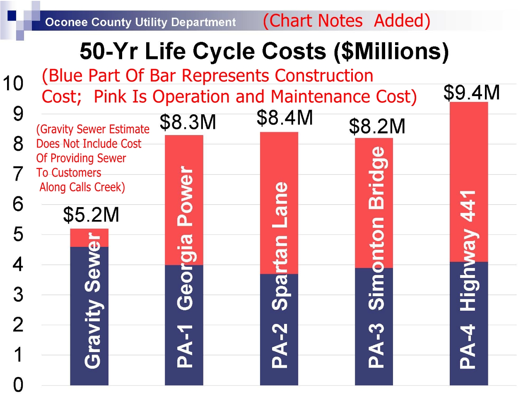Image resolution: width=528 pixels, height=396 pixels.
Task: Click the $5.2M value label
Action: click(x=91, y=215)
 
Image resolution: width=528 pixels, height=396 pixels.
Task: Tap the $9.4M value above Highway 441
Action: click(x=471, y=92)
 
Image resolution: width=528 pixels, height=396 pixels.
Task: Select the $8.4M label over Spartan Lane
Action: click(x=284, y=118)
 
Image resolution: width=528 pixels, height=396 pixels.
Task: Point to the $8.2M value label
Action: click(x=377, y=126)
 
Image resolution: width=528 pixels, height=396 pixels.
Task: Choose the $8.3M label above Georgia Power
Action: click(x=188, y=122)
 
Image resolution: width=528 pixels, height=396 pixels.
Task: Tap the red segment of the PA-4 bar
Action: click(x=469, y=166)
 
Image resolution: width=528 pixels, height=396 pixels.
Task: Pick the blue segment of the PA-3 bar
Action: click(x=374, y=331)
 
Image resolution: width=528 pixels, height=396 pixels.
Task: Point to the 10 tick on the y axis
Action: click(x=13, y=84)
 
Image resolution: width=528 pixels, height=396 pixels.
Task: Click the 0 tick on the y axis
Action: click(x=18, y=385)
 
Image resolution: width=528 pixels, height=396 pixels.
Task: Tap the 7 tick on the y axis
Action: click(x=18, y=174)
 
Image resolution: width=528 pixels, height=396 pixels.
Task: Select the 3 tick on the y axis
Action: click(x=18, y=295)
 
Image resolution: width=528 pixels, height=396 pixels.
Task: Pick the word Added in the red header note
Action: click(x=402, y=21)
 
